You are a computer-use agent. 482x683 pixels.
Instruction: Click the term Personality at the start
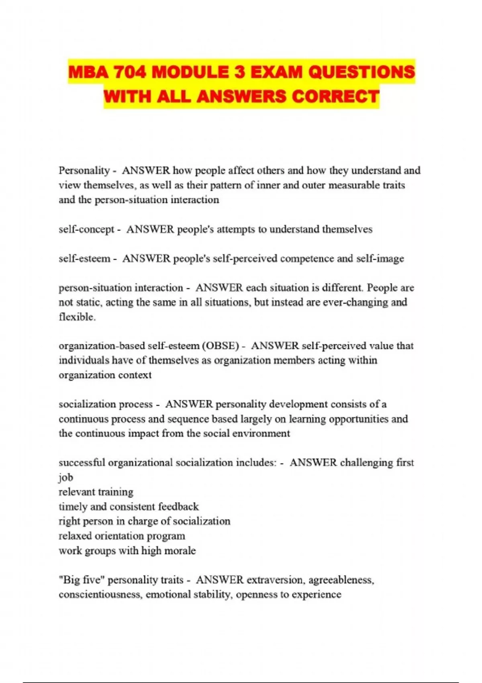pyautogui.click(x=84, y=170)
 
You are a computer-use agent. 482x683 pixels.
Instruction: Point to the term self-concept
pyautogui.click(x=86, y=229)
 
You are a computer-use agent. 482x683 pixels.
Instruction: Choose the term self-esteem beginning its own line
pyautogui.click(x=84, y=258)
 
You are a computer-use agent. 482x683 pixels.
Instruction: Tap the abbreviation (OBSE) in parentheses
pyautogui.click(x=221, y=346)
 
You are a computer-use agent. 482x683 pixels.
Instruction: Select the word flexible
pyautogui.click(x=77, y=317)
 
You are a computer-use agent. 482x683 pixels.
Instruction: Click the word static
pyautogui.click(x=85, y=302)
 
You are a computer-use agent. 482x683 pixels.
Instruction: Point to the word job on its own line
pyautogui.click(x=66, y=478)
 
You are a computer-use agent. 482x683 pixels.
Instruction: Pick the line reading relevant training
pyautogui.click(x=96, y=492)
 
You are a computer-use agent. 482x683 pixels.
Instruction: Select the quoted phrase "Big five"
pyautogui.click(x=82, y=580)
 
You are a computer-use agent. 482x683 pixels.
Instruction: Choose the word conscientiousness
pyautogui.click(x=100, y=594)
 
